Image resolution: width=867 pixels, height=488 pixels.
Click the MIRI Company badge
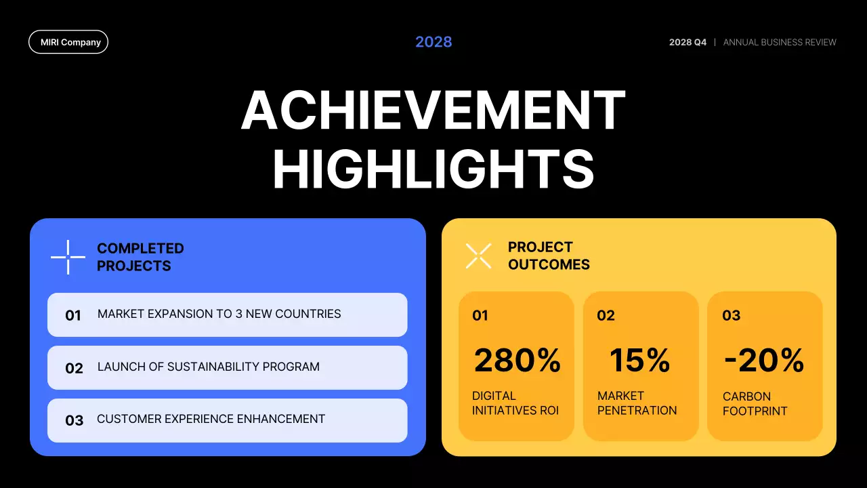(x=68, y=42)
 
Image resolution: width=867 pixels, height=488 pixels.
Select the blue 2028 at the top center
(x=433, y=42)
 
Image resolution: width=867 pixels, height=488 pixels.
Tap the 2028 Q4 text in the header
(x=688, y=42)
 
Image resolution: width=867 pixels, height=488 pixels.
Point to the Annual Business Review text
(x=780, y=42)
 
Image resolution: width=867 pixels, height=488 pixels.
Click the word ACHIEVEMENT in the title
(x=433, y=110)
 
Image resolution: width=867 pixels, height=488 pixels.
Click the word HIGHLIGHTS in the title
(x=433, y=169)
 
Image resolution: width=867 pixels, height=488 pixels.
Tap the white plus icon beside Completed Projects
(x=68, y=258)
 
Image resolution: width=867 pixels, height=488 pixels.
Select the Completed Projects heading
(x=140, y=258)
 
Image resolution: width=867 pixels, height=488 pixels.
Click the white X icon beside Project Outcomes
(x=479, y=256)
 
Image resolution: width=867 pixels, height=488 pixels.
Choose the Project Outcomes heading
(x=549, y=256)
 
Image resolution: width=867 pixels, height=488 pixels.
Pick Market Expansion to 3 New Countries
(x=219, y=314)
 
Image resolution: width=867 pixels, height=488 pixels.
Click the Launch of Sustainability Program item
(x=208, y=367)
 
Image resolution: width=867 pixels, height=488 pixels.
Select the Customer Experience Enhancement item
(x=211, y=419)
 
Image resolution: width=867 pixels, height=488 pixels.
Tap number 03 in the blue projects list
(x=74, y=420)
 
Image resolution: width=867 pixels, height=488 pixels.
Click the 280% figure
(x=517, y=360)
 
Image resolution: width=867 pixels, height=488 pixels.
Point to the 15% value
(x=639, y=360)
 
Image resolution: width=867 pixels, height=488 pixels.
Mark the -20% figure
(x=763, y=360)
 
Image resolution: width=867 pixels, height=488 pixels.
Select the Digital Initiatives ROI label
(x=515, y=403)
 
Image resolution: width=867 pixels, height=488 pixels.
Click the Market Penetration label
(x=637, y=403)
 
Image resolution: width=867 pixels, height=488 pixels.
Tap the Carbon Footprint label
(x=755, y=403)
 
